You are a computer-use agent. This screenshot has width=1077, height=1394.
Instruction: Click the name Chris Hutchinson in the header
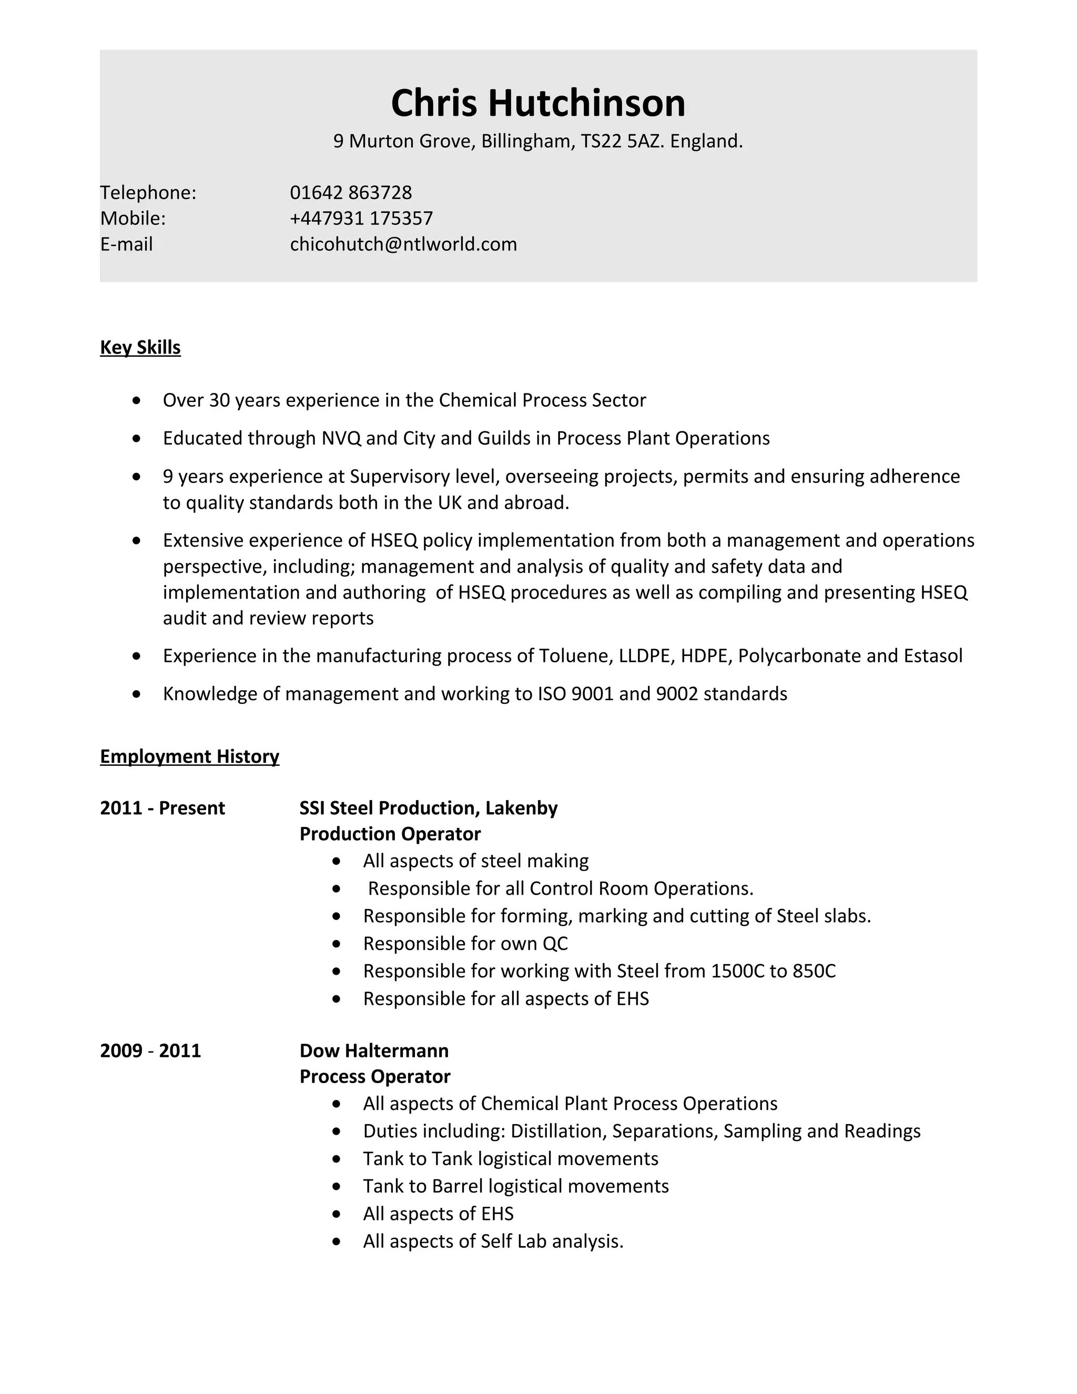pos(538,104)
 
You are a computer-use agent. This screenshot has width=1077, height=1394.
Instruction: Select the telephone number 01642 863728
pos(350,192)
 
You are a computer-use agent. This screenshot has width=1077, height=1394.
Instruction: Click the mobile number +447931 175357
pos(361,218)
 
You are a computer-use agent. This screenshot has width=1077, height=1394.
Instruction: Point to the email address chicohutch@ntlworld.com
pos(403,245)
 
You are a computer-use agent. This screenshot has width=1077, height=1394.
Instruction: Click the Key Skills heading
pos(140,347)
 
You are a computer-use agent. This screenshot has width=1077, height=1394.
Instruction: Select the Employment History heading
pos(189,756)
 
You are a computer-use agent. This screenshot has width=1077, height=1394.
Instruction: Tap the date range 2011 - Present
pos(162,808)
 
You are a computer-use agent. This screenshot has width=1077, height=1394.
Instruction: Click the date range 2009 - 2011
pos(150,1050)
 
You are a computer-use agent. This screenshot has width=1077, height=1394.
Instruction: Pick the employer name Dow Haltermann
pos(374,1050)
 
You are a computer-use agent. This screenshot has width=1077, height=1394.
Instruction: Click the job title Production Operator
pos(390,834)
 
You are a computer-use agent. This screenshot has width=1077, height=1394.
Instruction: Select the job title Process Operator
pos(374,1077)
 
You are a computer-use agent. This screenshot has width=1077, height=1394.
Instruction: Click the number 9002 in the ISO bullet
pos(676,694)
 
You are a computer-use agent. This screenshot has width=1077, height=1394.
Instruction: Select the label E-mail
pos(126,245)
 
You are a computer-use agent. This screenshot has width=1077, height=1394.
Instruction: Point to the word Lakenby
pos(521,808)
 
